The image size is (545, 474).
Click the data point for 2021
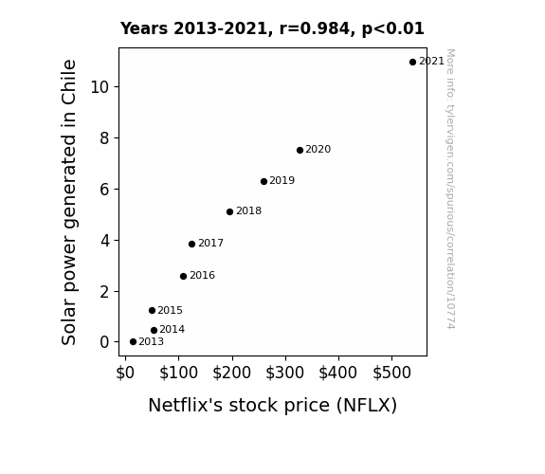coord(412,63)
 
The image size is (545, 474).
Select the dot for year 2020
coord(300,150)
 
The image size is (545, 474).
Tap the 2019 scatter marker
coord(263,181)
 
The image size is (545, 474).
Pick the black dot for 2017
coord(191,245)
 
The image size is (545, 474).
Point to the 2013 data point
coord(133,342)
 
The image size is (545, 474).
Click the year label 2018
coord(249,211)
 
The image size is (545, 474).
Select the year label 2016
coord(202,276)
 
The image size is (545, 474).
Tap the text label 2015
coord(170,310)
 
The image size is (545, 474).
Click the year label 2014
coord(173,329)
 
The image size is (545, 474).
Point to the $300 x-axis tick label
coord(285,373)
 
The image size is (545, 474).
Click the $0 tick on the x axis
coord(125,373)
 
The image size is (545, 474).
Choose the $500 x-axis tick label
coord(391,373)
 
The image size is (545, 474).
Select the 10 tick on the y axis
coord(100,87)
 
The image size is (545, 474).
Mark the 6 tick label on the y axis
coord(104,190)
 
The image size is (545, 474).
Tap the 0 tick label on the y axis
coord(104,342)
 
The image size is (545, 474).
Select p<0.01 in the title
coord(393,29)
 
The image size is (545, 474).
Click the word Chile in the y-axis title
coord(68,82)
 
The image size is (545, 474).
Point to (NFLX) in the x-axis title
coord(367,406)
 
